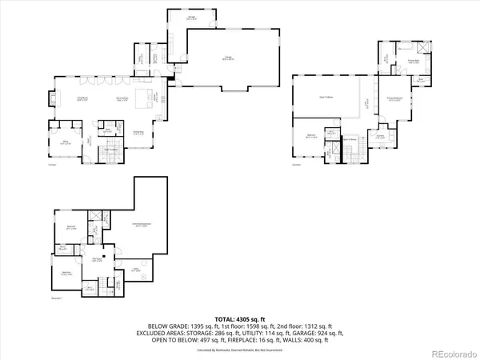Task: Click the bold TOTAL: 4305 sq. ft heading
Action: (239, 318)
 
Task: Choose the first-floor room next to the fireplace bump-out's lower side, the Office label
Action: (65, 142)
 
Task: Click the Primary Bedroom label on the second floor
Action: (394, 100)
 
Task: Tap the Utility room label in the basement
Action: (138, 270)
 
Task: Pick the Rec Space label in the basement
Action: (96, 259)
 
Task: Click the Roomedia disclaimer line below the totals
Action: (239, 350)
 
